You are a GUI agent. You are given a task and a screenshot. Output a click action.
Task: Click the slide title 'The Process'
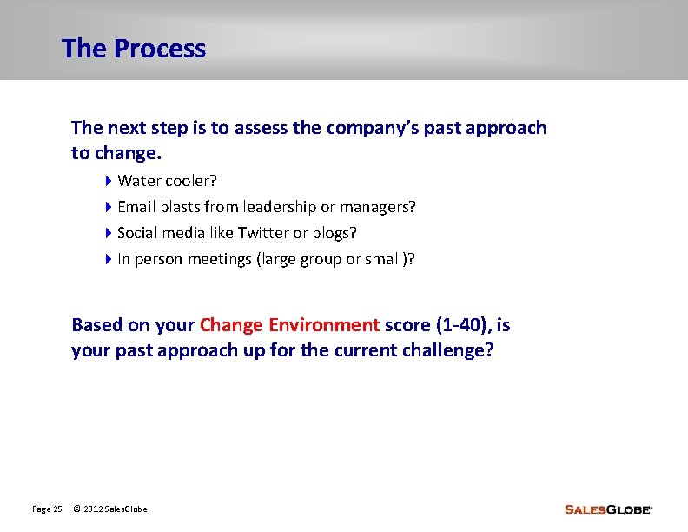click(134, 49)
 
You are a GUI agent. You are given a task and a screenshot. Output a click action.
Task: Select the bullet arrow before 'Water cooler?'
click(109, 181)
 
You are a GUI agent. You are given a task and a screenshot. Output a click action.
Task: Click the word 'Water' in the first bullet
click(136, 181)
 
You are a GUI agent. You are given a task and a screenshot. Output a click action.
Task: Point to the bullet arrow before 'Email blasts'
click(109, 207)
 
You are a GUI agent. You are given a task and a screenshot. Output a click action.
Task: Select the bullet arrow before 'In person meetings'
click(109, 259)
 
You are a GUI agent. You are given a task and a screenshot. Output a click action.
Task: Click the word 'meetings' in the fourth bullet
click(222, 259)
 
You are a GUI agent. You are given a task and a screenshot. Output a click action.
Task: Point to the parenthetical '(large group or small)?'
click(335, 259)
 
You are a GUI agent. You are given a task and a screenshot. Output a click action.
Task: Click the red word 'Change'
click(231, 325)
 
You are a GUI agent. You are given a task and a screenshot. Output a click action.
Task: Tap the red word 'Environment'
click(324, 325)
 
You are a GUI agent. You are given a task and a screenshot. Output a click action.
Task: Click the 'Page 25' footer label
click(47, 509)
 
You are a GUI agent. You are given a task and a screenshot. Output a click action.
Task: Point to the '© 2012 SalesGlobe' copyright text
click(110, 509)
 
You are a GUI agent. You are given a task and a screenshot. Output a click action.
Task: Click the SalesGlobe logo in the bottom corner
click(607, 509)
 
